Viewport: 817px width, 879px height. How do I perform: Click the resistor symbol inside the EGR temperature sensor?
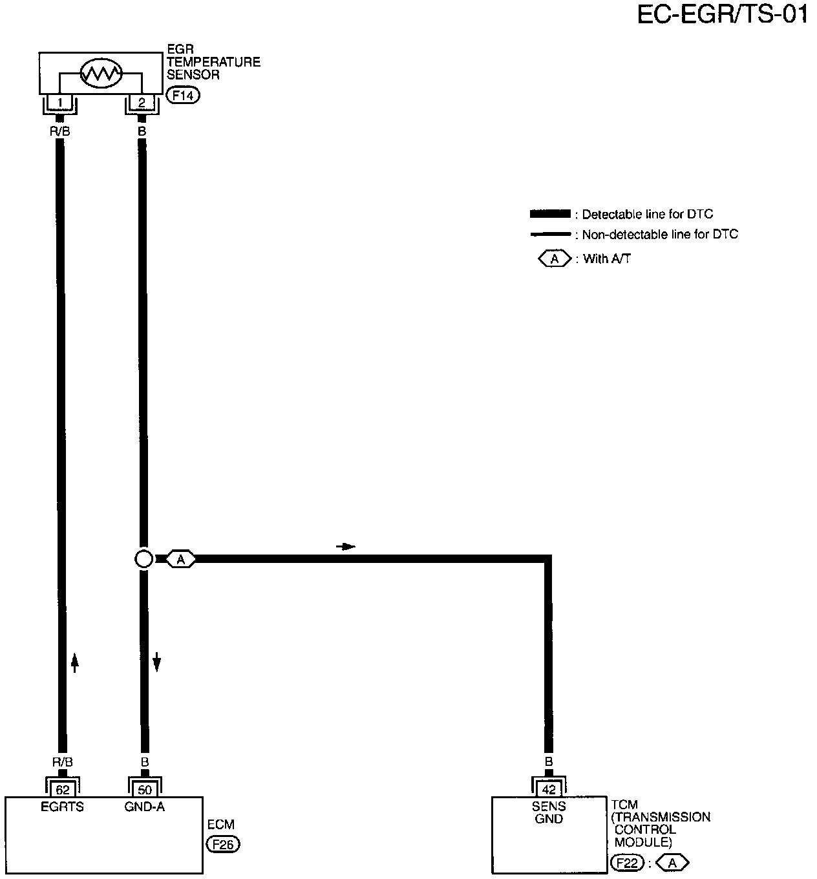click(x=101, y=74)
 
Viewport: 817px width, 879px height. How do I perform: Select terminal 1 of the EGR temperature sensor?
click(x=59, y=102)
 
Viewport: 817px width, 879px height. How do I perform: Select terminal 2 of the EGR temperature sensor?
click(x=142, y=102)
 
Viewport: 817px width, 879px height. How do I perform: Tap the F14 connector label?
click(x=183, y=96)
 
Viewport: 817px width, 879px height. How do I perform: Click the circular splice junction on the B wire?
click(x=143, y=559)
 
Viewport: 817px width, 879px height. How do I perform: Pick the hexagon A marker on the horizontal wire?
click(x=181, y=559)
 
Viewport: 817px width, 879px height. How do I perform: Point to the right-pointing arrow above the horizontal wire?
click(x=346, y=547)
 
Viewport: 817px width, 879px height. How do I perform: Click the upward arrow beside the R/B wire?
click(x=74, y=662)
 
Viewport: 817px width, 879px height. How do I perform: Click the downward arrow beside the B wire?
click(x=156, y=662)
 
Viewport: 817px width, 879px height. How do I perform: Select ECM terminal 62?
click(x=62, y=790)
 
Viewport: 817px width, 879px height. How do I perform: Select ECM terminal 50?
click(x=144, y=790)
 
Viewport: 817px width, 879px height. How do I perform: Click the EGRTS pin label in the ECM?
click(x=62, y=807)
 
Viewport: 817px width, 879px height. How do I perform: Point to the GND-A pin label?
click(x=144, y=807)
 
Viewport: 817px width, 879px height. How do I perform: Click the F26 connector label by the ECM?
click(x=222, y=844)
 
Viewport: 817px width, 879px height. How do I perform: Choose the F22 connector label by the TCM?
click(x=627, y=863)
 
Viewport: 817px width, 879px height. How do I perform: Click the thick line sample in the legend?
click(x=550, y=214)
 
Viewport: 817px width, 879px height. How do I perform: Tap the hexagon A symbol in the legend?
click(x=555, y=259)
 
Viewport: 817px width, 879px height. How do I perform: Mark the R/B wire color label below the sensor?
click(x=59, y=131)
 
